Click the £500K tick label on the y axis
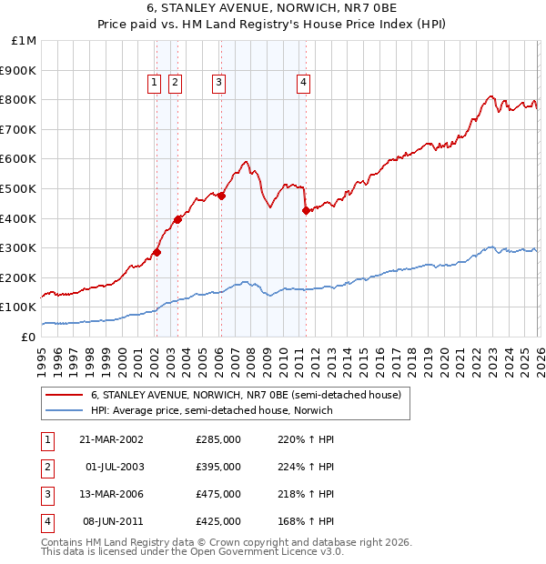(18, 188)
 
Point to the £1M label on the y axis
(25, 41)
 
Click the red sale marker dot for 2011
(306, 211)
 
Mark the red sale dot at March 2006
(221, 196)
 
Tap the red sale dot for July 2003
(178, 219)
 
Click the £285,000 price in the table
(218, 439)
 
